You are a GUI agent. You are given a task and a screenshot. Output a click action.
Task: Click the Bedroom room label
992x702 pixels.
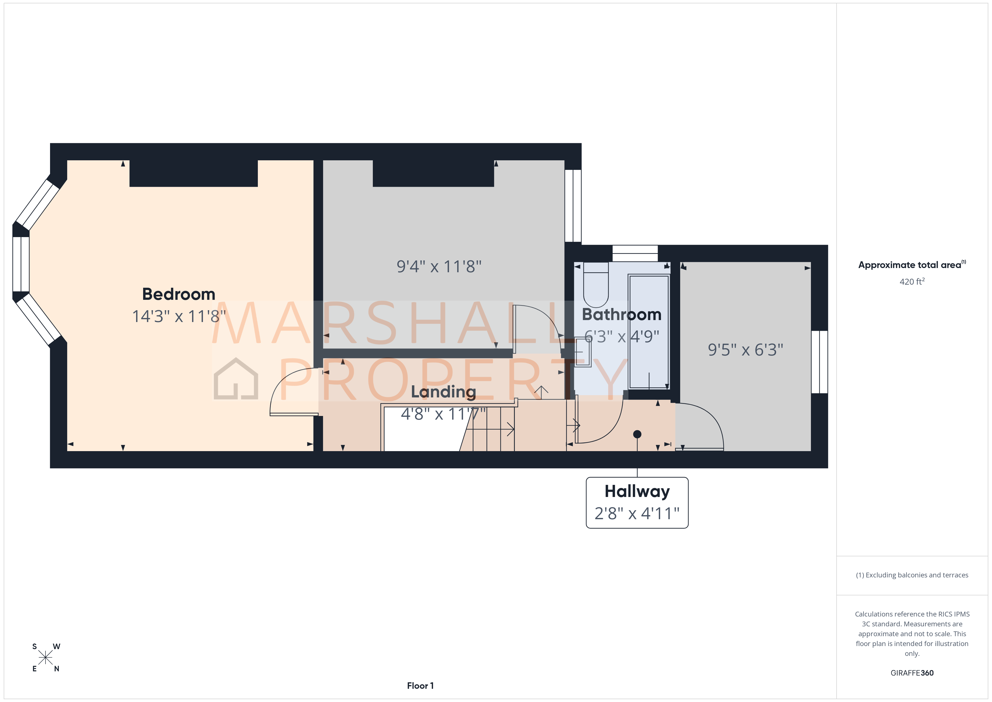179,294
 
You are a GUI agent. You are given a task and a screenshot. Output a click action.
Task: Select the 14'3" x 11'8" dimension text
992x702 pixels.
179,316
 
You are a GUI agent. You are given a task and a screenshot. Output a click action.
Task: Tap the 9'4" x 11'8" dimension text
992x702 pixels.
439,267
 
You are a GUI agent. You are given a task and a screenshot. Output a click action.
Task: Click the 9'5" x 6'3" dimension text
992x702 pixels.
745,350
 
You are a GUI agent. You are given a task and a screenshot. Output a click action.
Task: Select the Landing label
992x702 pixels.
443,391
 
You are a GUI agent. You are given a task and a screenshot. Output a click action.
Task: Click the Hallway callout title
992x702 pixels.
637,492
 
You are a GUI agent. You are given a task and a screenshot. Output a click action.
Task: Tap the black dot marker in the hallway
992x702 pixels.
637,434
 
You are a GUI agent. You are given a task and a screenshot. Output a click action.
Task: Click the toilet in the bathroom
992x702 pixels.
596,285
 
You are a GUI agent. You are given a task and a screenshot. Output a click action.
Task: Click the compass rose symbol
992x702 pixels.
45,658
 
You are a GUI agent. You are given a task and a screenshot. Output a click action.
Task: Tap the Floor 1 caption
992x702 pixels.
420,686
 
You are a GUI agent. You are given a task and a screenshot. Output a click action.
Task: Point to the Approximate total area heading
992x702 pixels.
911,265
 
